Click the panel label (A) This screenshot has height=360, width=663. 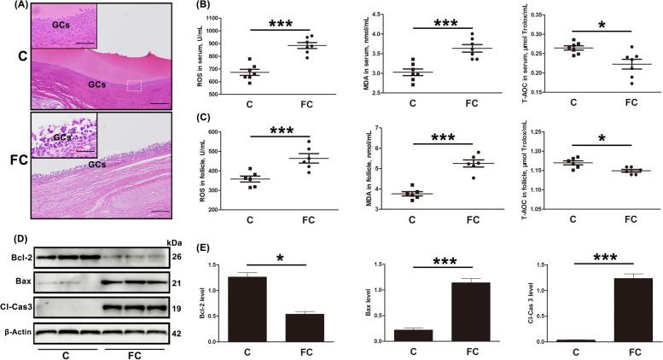pos(14,7)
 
